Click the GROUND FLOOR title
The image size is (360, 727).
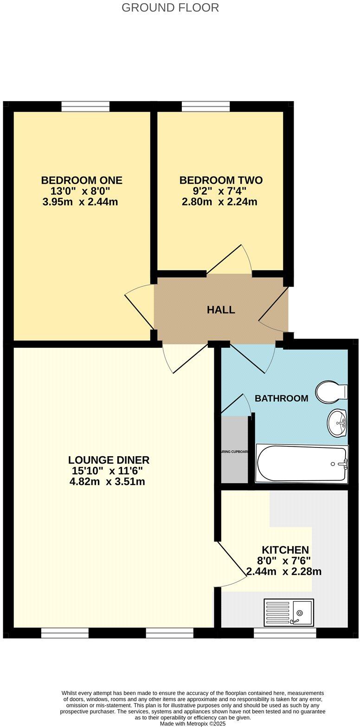click(x=170, y=8)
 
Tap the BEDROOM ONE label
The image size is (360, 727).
click(x=82, y=180)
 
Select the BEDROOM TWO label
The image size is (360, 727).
click(x=221, y=180)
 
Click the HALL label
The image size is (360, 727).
click(x=221, y=310)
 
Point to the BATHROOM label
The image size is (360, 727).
click(x=281, y=398)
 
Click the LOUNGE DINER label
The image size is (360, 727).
click(x=109, y=460)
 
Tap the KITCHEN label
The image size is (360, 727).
click(x=285, y=550)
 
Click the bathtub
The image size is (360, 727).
click(x=302, y=464)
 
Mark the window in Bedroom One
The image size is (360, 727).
click(x=85, y=107)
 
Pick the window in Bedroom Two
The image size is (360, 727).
click(x=206, y=107)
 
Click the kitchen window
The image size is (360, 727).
click(x=285, y=633)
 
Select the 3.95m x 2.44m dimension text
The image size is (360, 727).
click(x=80, y=202)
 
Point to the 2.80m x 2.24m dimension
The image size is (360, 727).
click(x=219, y=202)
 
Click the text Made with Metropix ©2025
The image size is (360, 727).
click(x=193, y=723)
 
